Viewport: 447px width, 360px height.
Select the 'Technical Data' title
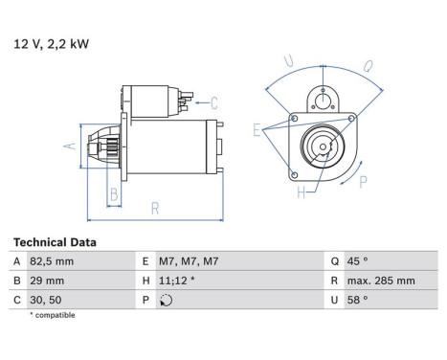click(54, 243)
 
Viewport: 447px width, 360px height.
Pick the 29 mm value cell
click(47, 281)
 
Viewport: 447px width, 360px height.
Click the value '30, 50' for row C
click(47, 299)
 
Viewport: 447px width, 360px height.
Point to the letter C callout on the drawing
click(214, 102)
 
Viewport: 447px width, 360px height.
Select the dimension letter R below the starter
click(154, 207)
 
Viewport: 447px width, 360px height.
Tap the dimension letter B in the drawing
click(113, 195)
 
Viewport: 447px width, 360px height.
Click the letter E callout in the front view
click(257, 127)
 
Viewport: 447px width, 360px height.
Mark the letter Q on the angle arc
click(367, 66)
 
